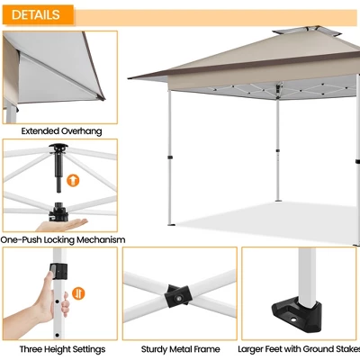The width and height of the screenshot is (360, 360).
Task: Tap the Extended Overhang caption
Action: [61, 131]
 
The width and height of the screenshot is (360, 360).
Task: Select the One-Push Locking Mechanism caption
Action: [62, 240]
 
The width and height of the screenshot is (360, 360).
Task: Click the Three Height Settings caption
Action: [62, 349]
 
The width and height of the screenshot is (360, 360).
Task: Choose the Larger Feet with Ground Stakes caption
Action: [298, 349]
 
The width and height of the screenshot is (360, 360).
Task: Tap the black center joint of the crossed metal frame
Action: [177, 296]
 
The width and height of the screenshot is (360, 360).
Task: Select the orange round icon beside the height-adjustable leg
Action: [78, 292]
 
